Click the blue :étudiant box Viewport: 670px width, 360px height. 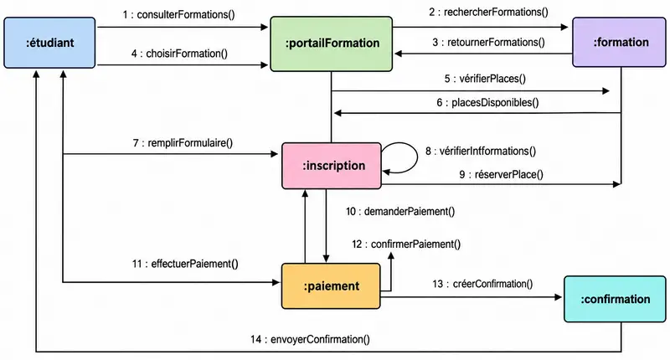[49, 43]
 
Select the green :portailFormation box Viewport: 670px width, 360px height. [331, 44]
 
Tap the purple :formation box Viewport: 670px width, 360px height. [619, 42]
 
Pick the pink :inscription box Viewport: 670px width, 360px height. [332, 166]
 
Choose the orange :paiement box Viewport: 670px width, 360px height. [331, 285]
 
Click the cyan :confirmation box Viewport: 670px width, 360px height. [615, 299]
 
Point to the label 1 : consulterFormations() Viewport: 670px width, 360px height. [178, 15]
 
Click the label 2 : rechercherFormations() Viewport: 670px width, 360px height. [488, 12]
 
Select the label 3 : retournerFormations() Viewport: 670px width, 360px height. [488, 42]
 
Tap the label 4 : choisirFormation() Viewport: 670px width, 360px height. [179, 54]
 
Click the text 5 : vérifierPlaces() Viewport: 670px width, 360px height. [485, 79]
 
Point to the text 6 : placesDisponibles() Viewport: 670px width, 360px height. [487, 102]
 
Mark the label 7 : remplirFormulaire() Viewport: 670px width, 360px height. [183, 142]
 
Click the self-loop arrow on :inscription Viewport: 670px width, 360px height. [417, 157]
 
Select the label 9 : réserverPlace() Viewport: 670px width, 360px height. [501, 174]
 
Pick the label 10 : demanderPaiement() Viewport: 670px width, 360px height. [400, 211]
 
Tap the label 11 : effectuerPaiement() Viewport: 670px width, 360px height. [185, 264]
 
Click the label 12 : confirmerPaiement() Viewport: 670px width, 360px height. [406, 244]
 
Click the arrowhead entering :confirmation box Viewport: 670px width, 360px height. [559, 297]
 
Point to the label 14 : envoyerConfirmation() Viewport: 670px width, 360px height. [310, 340]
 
